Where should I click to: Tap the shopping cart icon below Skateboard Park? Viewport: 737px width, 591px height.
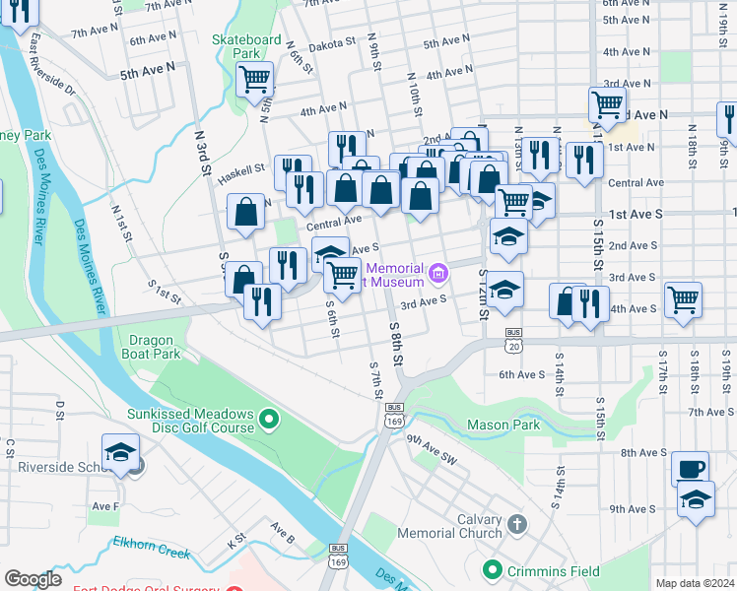255,79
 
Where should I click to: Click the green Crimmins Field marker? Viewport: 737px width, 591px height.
493,569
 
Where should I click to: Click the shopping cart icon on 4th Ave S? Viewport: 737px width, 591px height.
682,299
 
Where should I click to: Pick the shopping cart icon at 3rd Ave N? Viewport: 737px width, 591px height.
607,103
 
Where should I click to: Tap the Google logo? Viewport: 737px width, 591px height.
33,579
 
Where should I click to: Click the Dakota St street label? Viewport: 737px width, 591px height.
333,44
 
